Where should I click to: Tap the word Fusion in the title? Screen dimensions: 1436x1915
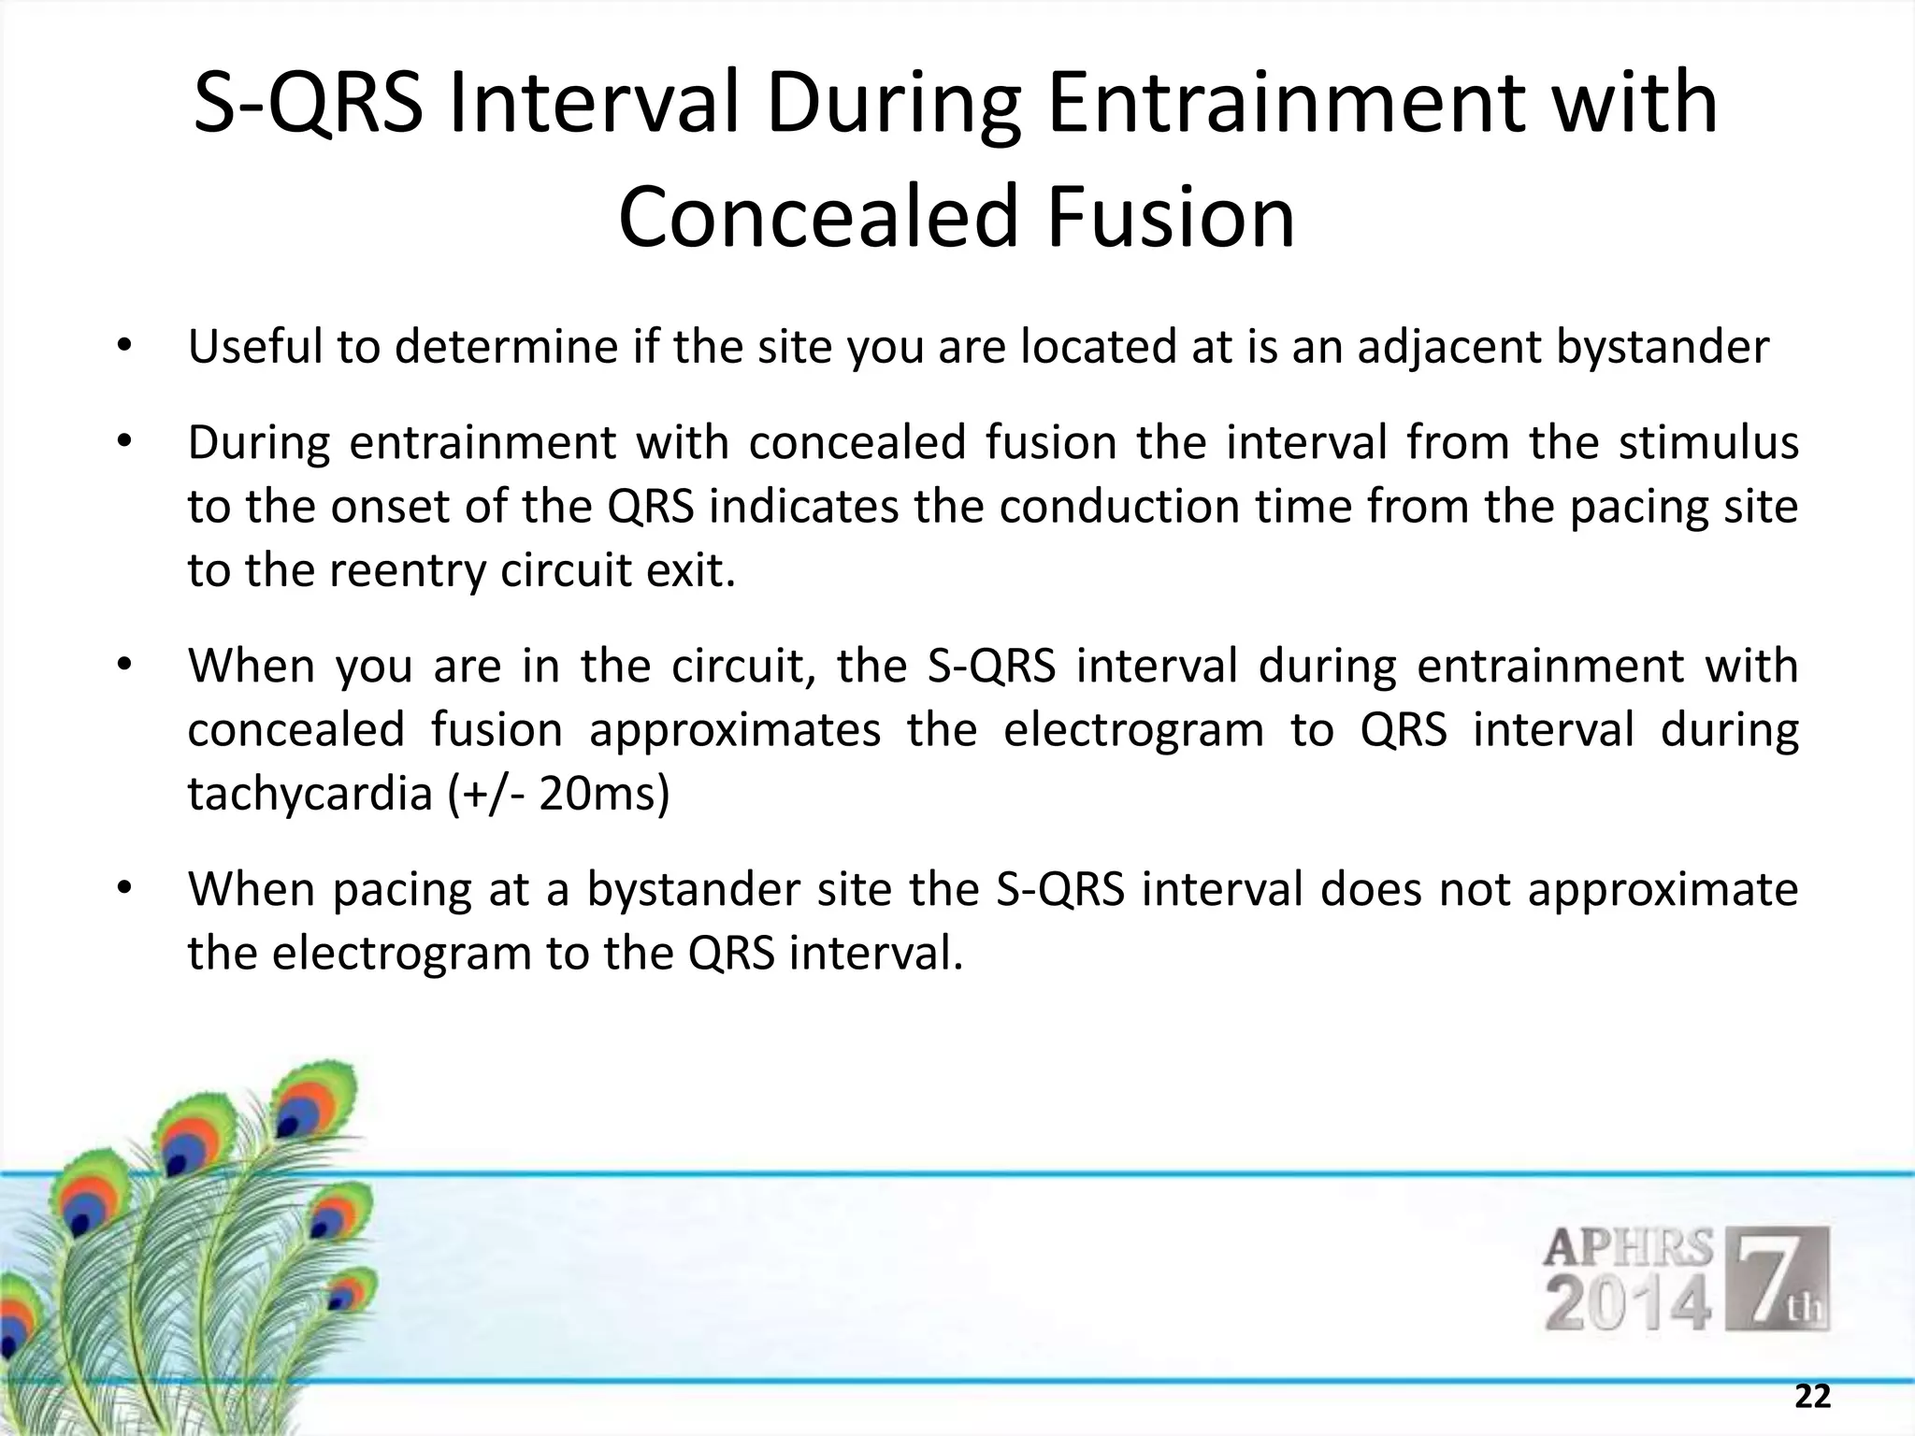point(1171,217)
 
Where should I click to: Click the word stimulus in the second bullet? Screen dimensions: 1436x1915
point(1708,442)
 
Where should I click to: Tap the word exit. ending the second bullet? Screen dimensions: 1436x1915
point(693,570)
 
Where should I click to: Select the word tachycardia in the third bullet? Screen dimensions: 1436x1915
point(309,794)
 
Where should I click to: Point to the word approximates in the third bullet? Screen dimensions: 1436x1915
point(735,730)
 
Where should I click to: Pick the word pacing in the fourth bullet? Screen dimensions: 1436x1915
point(402,889)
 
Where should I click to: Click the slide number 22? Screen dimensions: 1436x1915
point(1812,1397)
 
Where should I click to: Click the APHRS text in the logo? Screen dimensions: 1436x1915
point(1627,1248)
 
